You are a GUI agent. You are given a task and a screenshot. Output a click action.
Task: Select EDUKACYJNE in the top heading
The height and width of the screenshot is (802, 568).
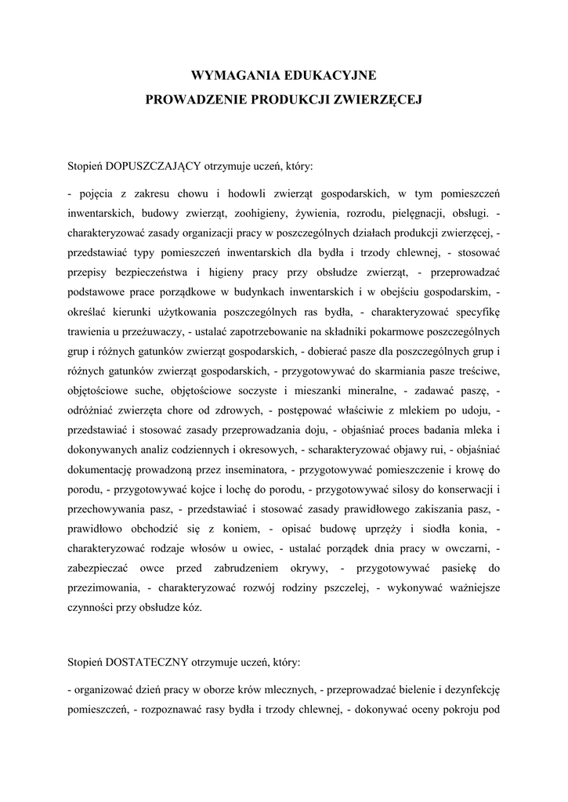[x=337, y=75]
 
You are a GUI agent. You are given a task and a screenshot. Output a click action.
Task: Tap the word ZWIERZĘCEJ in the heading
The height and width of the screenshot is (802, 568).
[x=367, y=100]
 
